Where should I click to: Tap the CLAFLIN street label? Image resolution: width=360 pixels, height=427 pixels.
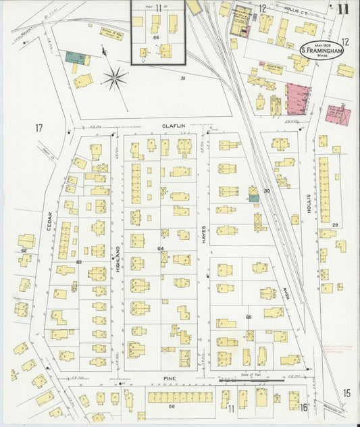[x=173, y=126]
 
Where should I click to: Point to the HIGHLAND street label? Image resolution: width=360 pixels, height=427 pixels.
[x=118, y=259]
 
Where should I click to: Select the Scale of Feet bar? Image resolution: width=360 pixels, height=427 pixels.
[x=251, y=381]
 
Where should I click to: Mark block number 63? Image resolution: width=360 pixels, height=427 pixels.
[x=78, y=261]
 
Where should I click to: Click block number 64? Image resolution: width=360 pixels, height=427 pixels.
[x=161, y=249]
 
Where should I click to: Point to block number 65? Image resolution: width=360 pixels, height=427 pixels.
[x=249, y=316]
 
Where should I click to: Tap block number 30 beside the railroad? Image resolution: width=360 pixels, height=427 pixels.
[x=267, y=191]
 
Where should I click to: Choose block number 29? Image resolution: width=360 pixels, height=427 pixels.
[x=334, y=224]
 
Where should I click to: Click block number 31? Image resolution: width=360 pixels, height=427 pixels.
[x=182, y=78]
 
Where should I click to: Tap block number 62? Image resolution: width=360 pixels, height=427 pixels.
[x=24, y=251]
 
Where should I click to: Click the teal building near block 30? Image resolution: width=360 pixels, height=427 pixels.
[x=253, y=197]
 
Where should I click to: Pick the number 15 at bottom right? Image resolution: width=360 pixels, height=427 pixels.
[x=346, y=393]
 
